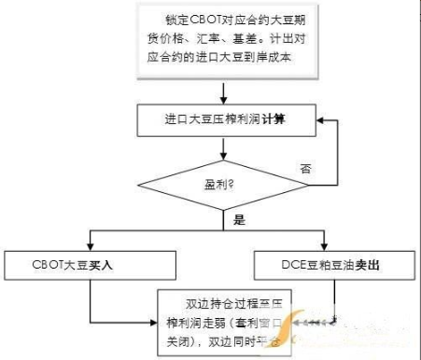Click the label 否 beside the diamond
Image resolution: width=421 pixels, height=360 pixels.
pos(304,169)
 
